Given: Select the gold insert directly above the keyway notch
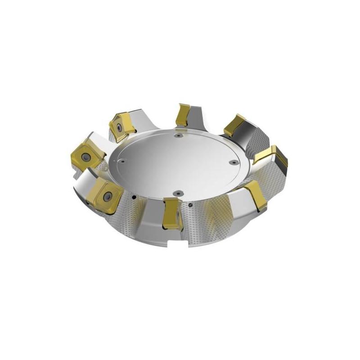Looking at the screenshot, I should (x=171, y=211).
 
